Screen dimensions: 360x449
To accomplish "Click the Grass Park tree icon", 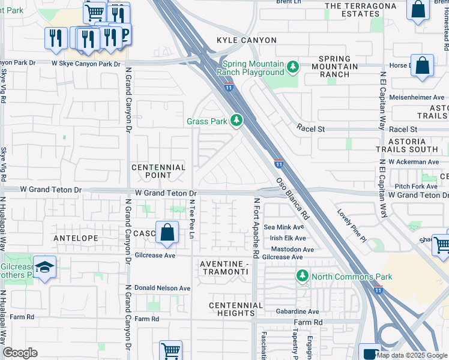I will pos(237,121).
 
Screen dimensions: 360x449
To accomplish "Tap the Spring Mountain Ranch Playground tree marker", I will pos(293,66).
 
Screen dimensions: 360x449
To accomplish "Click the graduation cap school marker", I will pos(44,267).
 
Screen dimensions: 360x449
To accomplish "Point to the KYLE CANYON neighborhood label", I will pos(247,40).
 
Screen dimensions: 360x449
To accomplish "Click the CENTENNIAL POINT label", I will pos(158,172).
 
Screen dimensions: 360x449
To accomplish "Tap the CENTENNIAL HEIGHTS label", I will pos(236,309).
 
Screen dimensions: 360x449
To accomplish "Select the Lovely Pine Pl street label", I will pos(352,229).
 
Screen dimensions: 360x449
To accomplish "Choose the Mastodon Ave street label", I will pos(292,249).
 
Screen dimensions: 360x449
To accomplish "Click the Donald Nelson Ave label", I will pos(161,288).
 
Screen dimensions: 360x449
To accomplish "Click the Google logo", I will pos(20,353).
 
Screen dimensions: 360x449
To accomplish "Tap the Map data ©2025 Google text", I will pos(411,355).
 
